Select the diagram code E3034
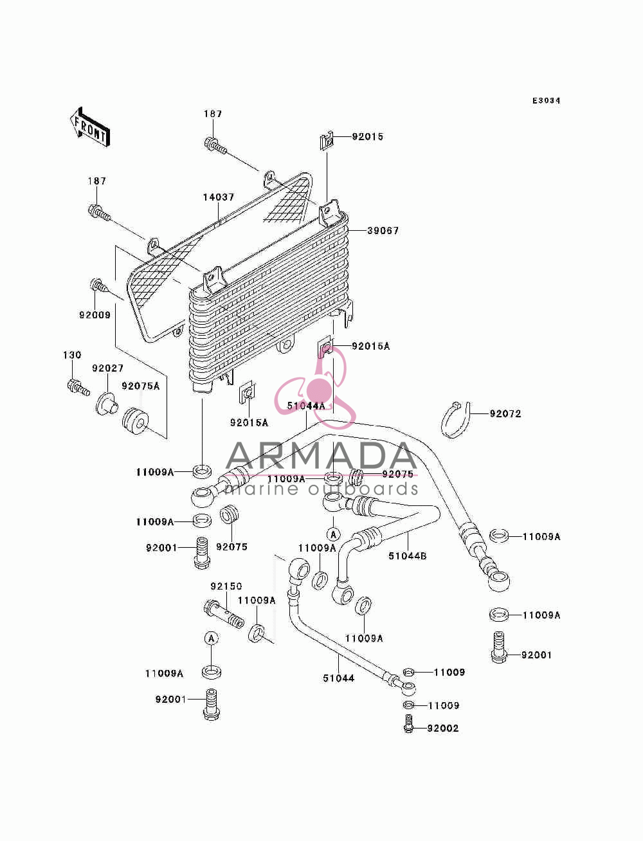[546, 101]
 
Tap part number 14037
[219, 197]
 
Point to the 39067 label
[383, 231]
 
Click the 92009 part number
[95, 315]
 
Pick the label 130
[72, 355]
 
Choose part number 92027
[107, 368]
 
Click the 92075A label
[141, 386]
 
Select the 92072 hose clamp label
[505, 414]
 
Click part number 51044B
[407, 556]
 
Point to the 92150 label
[226, 586]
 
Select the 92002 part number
[443, 728]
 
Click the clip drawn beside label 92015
[326, 141]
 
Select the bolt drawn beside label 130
[78, 386]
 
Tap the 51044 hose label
[339, 678]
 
